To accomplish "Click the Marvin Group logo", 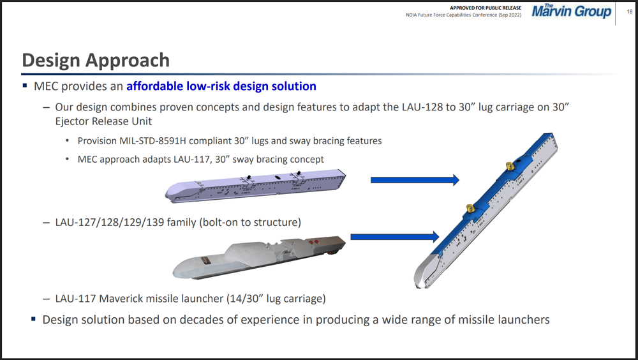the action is pyautogui.click(x=571, y=11).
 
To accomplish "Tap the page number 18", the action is pyautogui.click(x=630, y=12).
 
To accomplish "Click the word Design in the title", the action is pyautogui.click(x=51, y=61).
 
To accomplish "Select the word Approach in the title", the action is pyautogui.click(x=127, y=61).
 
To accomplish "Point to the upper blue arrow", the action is pyautogui.click(x=415, y=179).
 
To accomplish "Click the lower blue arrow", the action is pyautogui.click(x=395, y=237).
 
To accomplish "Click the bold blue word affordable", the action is pyautogui.click(x=154, y=86).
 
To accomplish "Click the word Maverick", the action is pyautogui.click(x=121, y=299).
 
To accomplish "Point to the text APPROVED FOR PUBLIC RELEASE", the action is pyautogui.click(x=486, y=8).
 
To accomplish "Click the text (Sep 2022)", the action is pyautogui.click(x=510, y=15).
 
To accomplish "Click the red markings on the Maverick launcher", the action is pyautogui.click(x=313, y=243).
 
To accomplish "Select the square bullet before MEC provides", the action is pyautogui.click(x=26, y=86).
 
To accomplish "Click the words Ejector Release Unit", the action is pyautogui.click(x=103, y=121).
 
